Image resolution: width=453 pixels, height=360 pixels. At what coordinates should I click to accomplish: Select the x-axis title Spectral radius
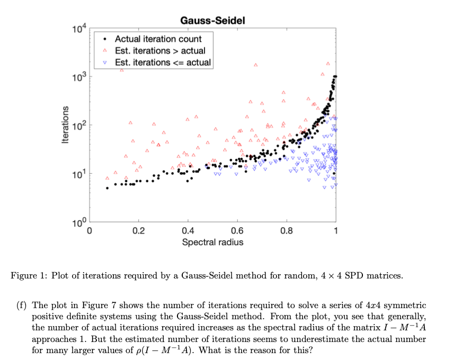click(x=212, y=242)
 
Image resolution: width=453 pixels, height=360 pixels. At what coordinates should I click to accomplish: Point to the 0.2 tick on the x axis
click(x=138, y=231)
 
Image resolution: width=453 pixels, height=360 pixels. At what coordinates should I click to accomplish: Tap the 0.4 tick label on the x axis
click(x=188, y=231)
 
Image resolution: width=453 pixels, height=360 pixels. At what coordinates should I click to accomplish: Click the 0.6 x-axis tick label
click(x=237, y=231)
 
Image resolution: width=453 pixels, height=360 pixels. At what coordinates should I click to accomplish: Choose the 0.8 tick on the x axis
click(x=286, y=231)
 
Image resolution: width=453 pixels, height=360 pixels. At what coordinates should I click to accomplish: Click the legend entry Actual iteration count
click(x=158, y=39)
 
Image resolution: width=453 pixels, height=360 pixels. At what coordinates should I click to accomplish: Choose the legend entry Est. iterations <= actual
click(x=163, y=62)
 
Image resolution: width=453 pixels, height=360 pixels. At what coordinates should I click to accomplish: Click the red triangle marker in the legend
click(x=105, y=51)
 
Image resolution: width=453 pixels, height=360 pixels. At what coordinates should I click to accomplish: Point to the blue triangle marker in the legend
click(x=105, y=63)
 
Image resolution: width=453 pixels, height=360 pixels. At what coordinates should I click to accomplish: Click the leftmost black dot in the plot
click(x=107, y=188)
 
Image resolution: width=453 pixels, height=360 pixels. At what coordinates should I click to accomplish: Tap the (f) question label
click(x=22, y=306)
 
